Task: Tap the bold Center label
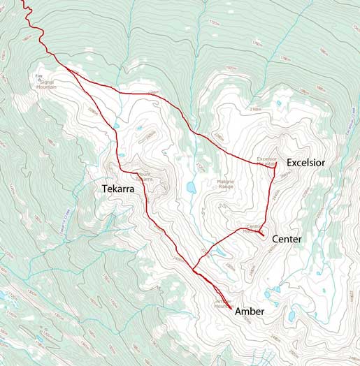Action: point(287,240)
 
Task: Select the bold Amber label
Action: point(250,312)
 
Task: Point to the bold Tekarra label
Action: point(117,189)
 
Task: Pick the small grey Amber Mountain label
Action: point(223,305)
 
